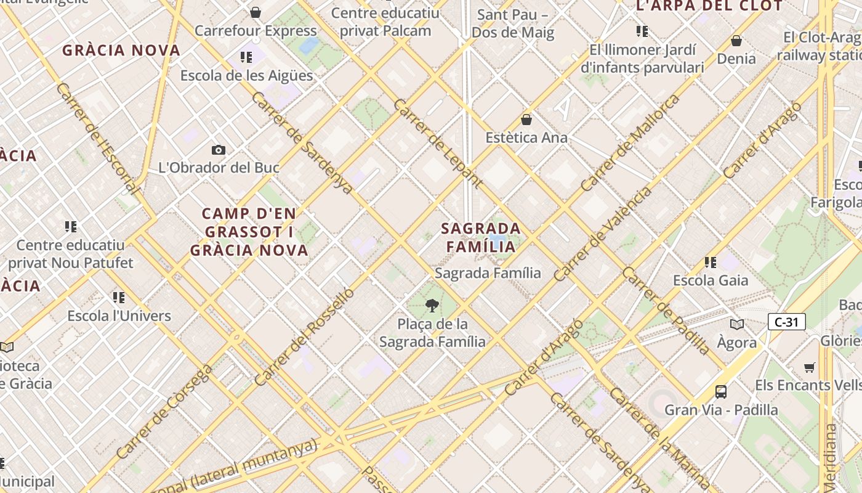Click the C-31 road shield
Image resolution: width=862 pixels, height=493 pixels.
(786, 322)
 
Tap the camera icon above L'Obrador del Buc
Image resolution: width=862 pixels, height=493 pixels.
(218, 150)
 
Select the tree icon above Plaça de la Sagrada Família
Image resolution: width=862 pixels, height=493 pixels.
(432, 305)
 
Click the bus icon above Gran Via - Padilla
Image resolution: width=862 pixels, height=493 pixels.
(720, 391)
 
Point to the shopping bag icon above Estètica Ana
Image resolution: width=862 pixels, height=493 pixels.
(526, 119)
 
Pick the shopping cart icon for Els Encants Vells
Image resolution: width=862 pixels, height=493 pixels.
(810, 367)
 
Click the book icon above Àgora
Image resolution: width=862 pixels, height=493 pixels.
(736, 324)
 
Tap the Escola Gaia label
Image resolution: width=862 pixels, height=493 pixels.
(711, 280)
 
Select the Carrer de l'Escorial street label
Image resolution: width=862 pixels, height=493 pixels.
(96, 139)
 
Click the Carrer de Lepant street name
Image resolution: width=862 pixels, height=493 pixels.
(438, 143)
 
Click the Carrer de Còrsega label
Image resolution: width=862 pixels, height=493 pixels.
(164, 412)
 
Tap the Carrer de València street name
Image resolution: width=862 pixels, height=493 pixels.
(603, 234)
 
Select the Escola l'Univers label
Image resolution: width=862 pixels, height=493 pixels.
(119, 316)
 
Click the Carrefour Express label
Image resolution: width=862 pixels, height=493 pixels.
(256, 31)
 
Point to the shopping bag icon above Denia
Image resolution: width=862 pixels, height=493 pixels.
(736, 41)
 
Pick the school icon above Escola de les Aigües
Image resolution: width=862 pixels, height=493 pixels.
(246, 58)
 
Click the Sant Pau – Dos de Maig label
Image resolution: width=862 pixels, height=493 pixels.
(513, 23)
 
